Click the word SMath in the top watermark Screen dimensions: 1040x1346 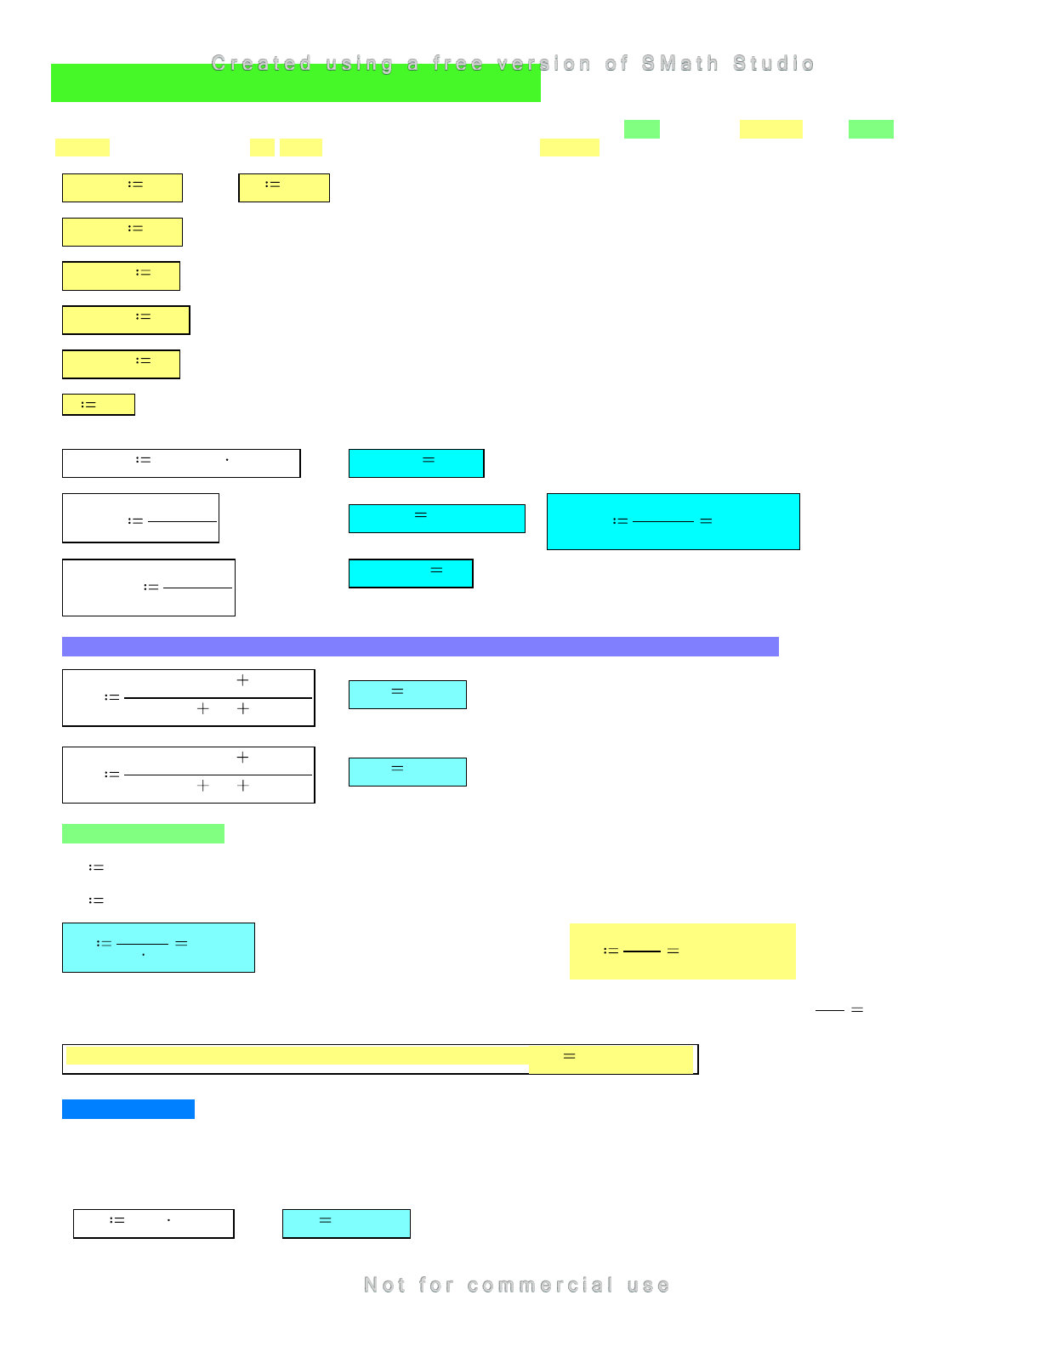tap(680, 64)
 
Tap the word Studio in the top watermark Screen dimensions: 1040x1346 tap(774, 64)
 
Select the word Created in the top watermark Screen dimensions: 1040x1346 tap(261, 64)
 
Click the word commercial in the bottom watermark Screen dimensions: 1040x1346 tap(540, 1285)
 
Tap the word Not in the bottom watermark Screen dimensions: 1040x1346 tap(384, 1285)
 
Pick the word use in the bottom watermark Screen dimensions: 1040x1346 tap(649, 1285)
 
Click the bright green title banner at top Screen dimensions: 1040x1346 tap(295, 83)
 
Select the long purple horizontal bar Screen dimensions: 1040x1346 tap(420, 646)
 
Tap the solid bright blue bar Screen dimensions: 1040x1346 tap(128, 1109)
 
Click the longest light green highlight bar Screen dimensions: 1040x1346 tap(143, 833)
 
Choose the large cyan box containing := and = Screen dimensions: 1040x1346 tap(673, 521)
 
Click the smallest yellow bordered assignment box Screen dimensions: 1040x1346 tap(99, 405)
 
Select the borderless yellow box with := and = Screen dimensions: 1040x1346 tap(682, 951)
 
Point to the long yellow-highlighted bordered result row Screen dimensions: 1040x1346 tap(380, 1059)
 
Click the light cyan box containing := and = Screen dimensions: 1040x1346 tap(158, 947)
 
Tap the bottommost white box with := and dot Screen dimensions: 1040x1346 tap(153, 1224)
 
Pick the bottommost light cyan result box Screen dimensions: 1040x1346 tap(346, 1224)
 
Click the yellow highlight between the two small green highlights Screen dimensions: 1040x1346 tap(770, 129)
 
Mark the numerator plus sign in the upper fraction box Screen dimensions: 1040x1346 tap(242, 680)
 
